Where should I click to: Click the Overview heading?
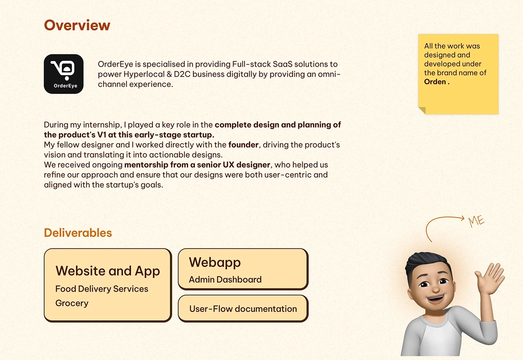tap(77, 25)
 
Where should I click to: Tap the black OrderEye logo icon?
tap(64, 74)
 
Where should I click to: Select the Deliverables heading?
tap(78, 233)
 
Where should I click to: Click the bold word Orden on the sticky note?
tap(435, 82)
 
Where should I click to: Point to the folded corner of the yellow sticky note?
tap(422, 110)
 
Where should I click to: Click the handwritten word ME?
tap(476, 221)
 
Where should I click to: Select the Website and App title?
tap(108, 271)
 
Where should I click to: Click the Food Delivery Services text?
tap(102, 289)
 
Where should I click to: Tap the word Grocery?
tap(72, 303)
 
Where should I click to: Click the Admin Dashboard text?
tap(225, 279)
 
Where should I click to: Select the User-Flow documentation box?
tap(243, 309)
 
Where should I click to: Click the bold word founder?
tap(243, 145)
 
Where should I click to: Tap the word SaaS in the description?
tap(283, 64)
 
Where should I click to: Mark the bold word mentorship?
tap(146, 165)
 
